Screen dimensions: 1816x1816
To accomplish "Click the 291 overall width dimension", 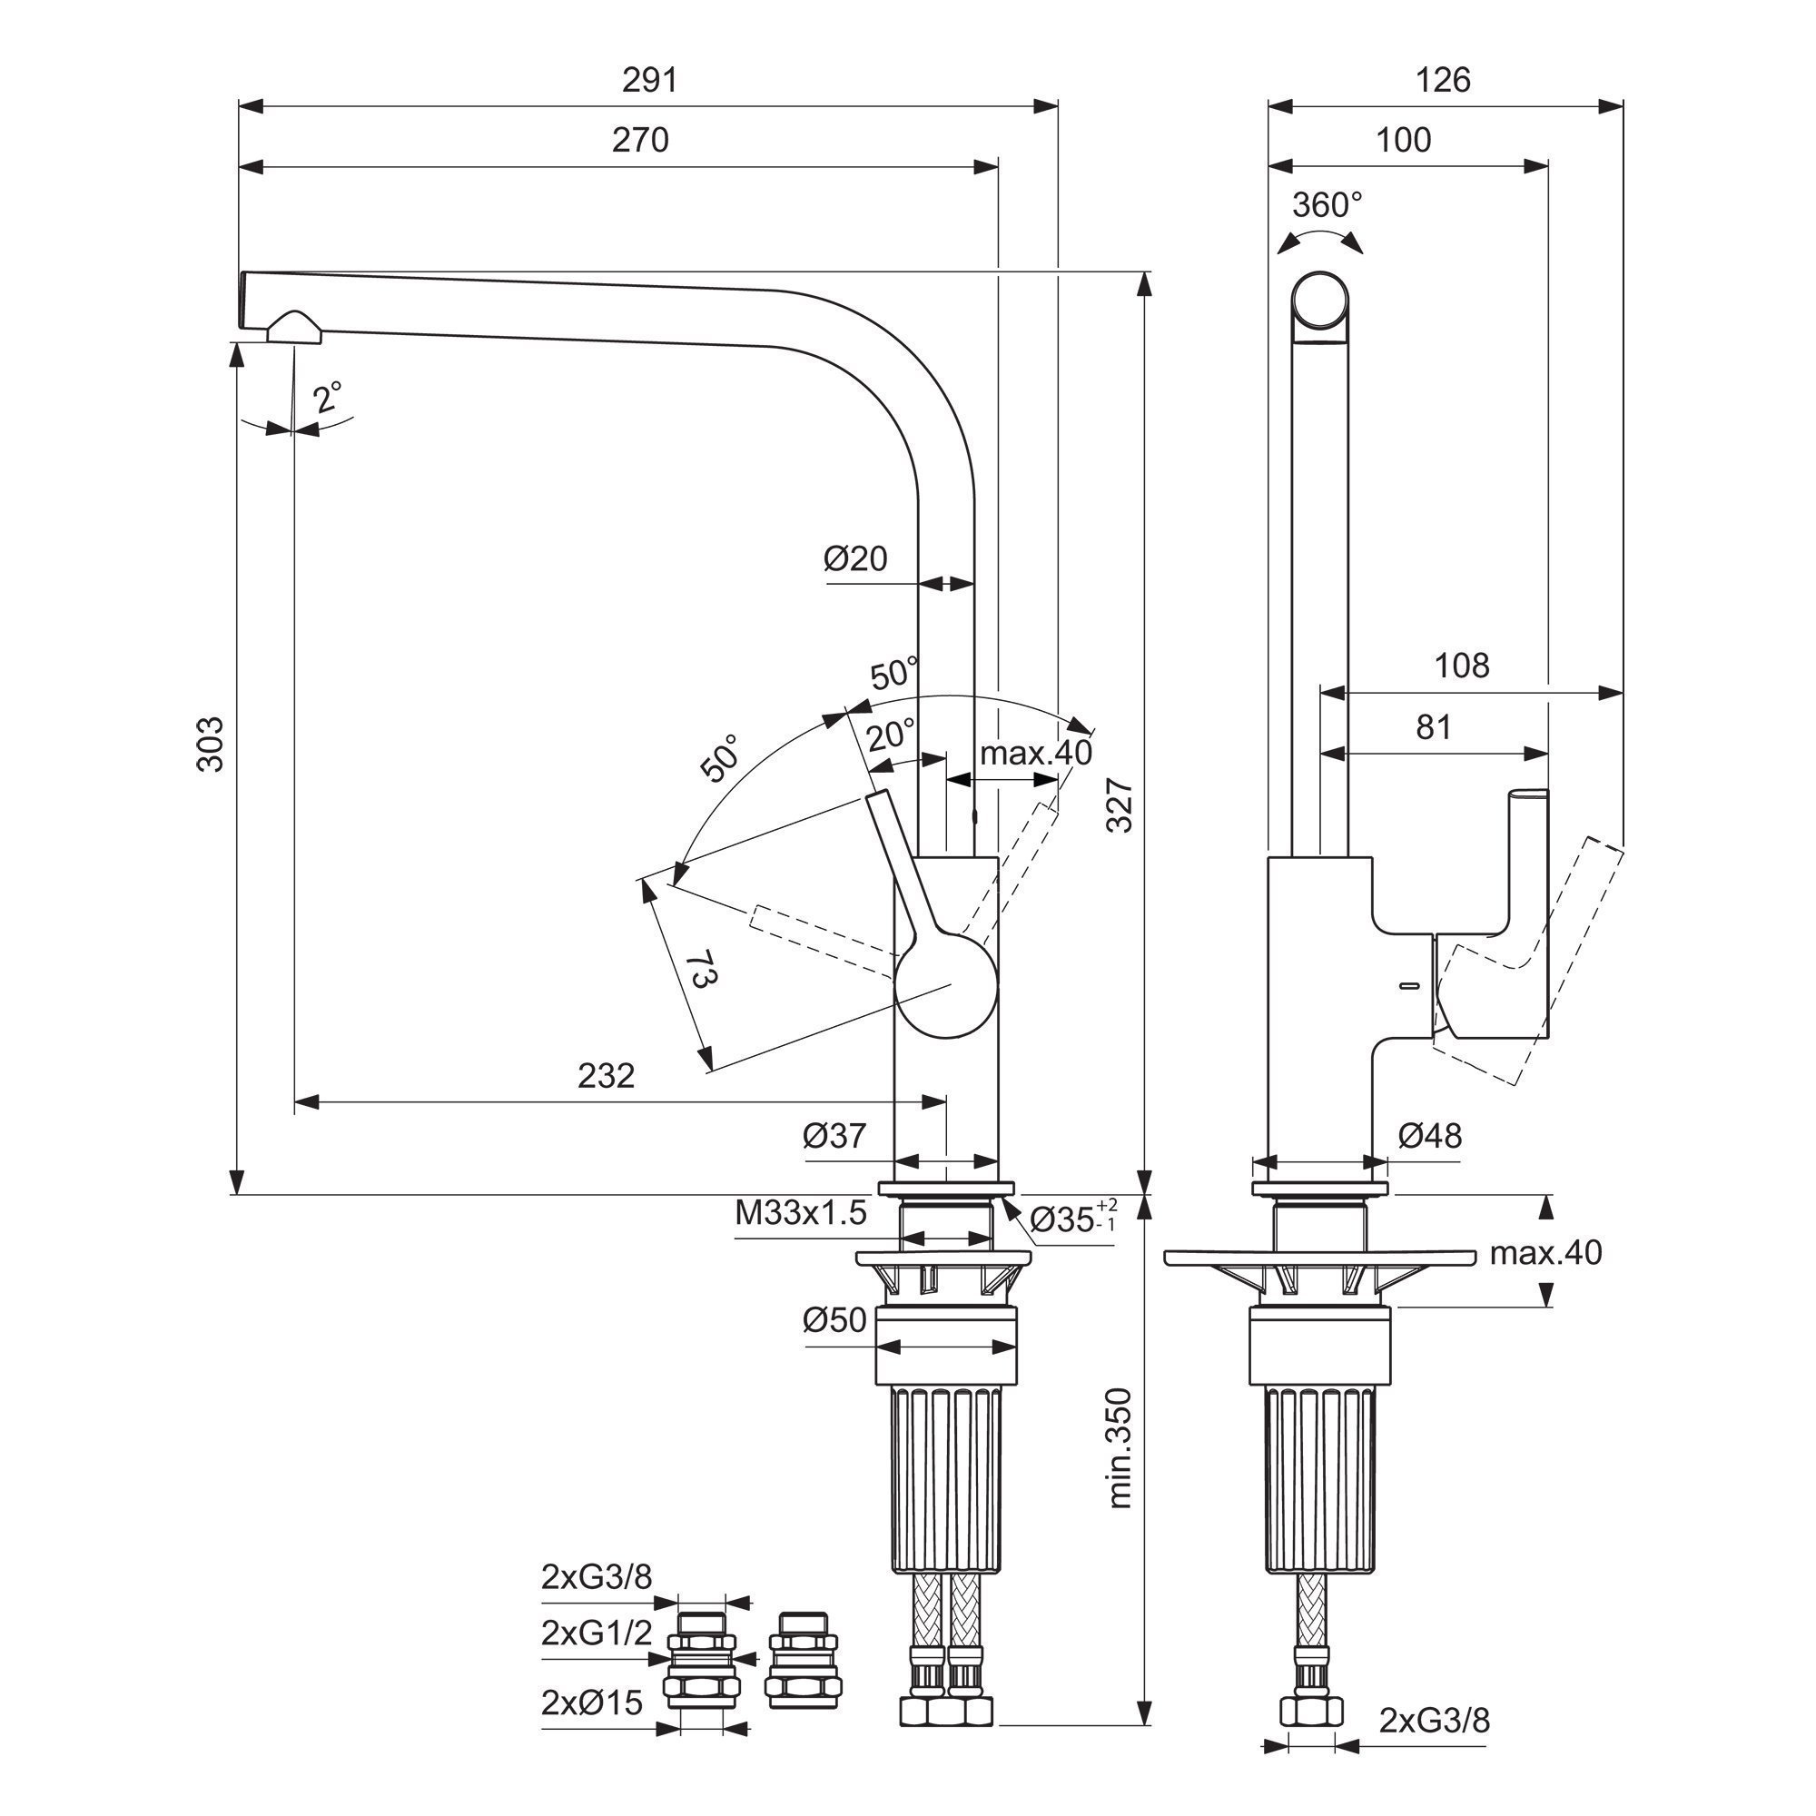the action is click(x=649, y=81).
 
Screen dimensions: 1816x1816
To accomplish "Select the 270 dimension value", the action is click(x=640, y=140).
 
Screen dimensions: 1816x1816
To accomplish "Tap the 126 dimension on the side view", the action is click(x=1443, y=81).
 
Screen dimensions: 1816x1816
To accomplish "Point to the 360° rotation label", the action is click(x=1327, y=204).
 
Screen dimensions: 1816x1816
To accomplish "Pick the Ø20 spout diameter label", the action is click(x=855, y=558).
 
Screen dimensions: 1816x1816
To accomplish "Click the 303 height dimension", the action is click(x=212, y=745).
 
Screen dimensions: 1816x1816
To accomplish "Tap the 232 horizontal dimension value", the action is click(x=607, y=1075).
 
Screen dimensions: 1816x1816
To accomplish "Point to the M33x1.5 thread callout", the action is click(x=801, y=1213).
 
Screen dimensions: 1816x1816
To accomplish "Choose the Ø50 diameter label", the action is click(x=834, y=1320).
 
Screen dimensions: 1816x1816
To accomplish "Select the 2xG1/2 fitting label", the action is click(x=597, y=1633).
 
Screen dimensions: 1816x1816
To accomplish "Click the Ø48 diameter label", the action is click(x=1430, y=1137).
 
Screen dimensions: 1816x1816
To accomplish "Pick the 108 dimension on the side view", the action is click(x=1462, y=666).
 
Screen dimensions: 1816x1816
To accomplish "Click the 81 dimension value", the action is click(x=1434, y=726).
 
